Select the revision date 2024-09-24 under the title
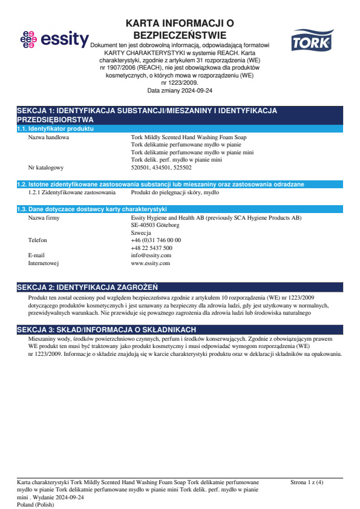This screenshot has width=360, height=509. [180, 90]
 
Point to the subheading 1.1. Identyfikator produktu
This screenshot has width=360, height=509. [55, 129]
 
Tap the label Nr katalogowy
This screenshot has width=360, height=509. [46, 167]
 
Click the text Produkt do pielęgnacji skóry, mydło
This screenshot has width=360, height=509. [175, 192]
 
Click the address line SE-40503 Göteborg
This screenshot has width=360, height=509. [155, 225]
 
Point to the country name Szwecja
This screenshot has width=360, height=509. [141, 233]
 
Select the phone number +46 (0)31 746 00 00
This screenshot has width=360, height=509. [155, 240]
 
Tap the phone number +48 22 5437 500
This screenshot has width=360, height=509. [151, 248]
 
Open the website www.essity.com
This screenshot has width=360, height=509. [150, 263]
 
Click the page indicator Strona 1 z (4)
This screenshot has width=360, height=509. [307, 482]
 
